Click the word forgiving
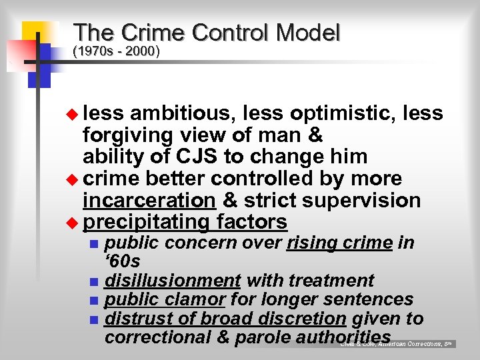(127, 135)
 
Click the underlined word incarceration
(149, 200)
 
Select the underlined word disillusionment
(173, 281)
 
